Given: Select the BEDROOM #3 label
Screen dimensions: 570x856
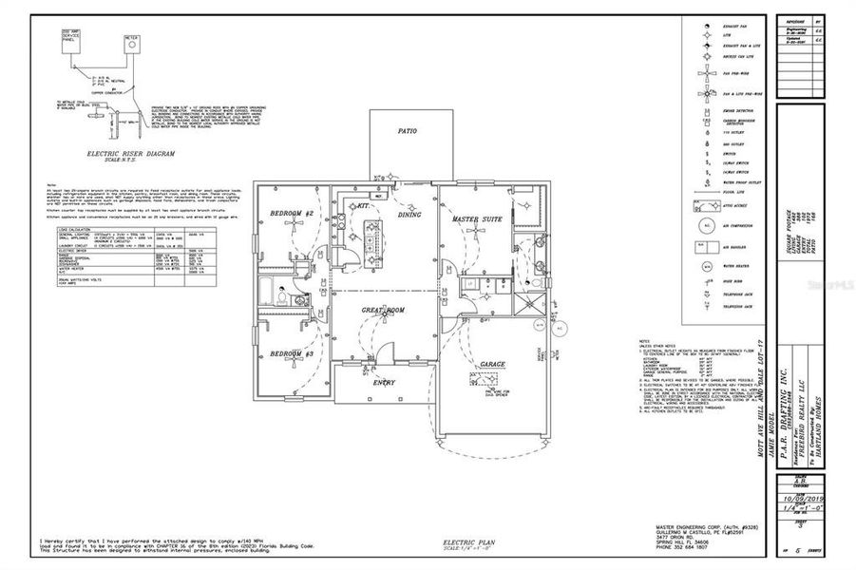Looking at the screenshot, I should (x=292, y=353).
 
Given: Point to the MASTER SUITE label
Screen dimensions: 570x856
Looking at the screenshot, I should (x=477, y=219).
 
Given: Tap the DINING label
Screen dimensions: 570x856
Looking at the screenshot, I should (x=409, y=215).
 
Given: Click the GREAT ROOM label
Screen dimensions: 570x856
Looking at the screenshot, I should (x=383, y=310).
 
